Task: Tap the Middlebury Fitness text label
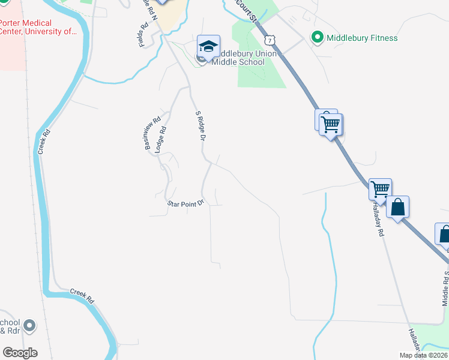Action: pyautogui.click(x=362, y=38)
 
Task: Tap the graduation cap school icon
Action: pyautogui.click(x=208, y=46)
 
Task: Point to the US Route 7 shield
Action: pyautogui.click(x=271, y=40)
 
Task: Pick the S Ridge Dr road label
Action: pyautogui.click(x=200, y=126)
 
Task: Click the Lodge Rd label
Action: pyautogui.click(x=161, y=139)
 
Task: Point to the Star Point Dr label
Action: pyautogui.click(x=186, y=204)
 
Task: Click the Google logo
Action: pyautogui.click(x=20, y=353)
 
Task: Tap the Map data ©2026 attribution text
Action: pyautogui.click(x=424, y=355)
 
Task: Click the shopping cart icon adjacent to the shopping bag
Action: pyautogui.click(x=381, y=190)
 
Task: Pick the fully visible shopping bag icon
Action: pyautogui.click(x=398, y=208)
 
